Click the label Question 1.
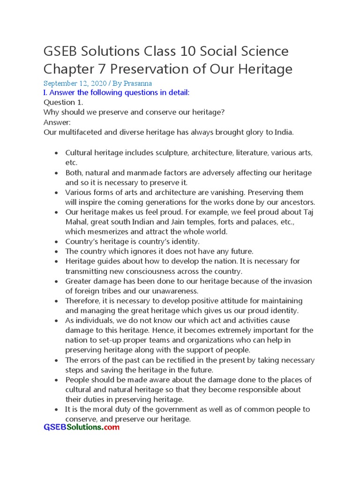coord(60,102)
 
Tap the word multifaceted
coord(80,132)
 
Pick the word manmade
coord(142,173)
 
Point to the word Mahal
coord(76,222)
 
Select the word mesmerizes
coord(108,232)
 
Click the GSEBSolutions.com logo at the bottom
coord(82,427)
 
